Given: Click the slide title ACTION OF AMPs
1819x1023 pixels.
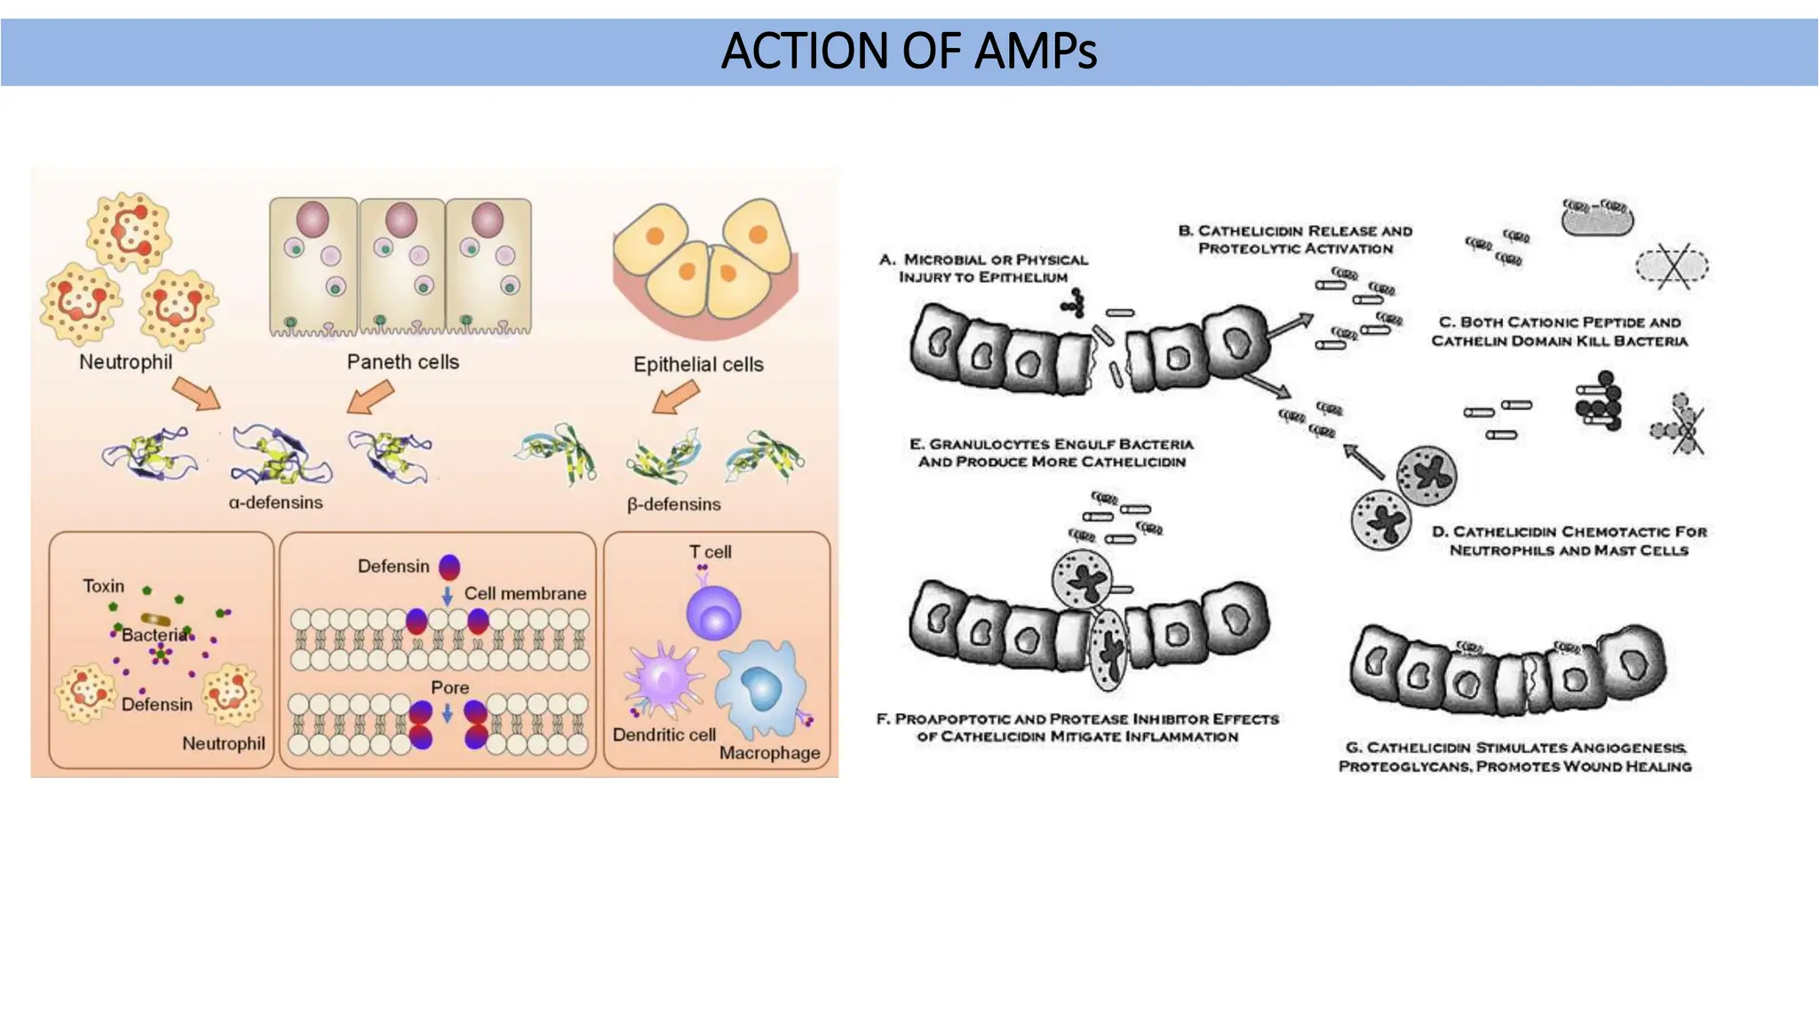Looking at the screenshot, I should pyautogui.click(x=909, y=51).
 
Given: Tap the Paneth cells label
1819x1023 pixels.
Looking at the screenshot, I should pyautogui.click(x=402, y=362).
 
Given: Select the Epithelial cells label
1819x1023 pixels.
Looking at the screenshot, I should pyautogui.click(x=698, y=364).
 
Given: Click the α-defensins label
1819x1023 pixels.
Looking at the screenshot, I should pyautogui.click(x=275, y=503).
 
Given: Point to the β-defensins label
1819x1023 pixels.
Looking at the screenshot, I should pyautogui.click(x=673, y=504).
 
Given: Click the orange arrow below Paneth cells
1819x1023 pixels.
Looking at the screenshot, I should pyautogui.click(x=369, y=397).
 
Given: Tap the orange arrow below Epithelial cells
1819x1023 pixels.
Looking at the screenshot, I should pyautogui.click(x=676, y=397).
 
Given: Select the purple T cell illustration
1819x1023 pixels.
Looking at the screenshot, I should pyautogui.click(x=713, y=612).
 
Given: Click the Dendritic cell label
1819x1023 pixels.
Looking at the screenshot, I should pyautogui.click(x=663, y=735).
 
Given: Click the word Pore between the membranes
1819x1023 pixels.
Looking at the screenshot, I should pyautogui.click(x=449, y=687).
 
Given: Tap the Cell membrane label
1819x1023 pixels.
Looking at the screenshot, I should pyautogui.click(x=525, y=593).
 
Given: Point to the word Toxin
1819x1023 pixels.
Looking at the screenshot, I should pyautogui.click(x=104, y=586).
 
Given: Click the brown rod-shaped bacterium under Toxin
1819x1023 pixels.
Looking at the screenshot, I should pyautogui.click(x=156, y=619).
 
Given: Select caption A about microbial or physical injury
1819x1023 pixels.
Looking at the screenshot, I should pyautogui.click(x=983, y=268).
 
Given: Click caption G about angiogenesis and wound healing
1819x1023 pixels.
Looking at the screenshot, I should pyautogui.click(x=1514, y=757).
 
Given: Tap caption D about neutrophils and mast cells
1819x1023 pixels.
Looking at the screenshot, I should pyautogui.click(x=1569, y=541).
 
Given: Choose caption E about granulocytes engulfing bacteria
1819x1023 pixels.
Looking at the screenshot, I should pyautogui.click(x=1052, y=453).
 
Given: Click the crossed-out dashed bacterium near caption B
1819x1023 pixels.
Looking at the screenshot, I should pyautogui.click(x=1672, y=266).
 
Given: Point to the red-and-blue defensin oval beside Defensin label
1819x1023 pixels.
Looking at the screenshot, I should pyautogui.click(x=449, y=567).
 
